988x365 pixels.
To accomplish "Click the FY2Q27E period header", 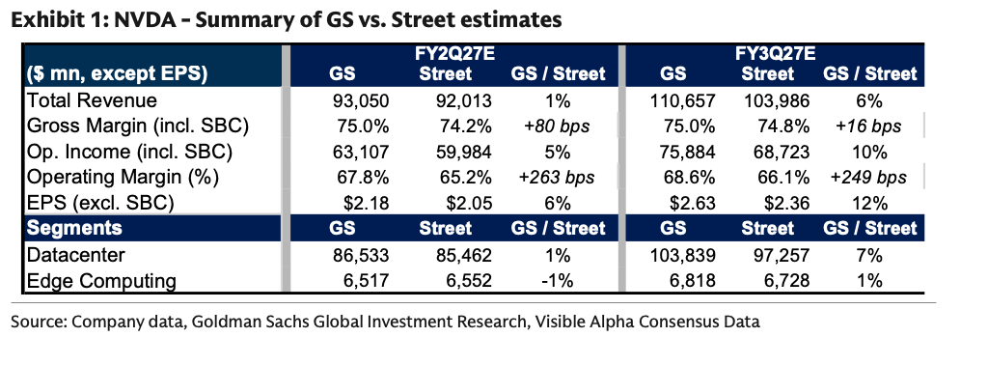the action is (445, 55).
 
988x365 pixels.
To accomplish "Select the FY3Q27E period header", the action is (766, 55).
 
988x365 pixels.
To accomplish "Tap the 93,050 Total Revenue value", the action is (361, 100).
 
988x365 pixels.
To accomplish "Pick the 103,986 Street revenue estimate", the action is (776, 100).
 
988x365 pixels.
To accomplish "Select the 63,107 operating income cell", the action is (361, 152).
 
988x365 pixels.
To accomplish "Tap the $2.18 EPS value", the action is (368, 204).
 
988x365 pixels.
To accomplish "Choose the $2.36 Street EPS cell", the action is (786, 204).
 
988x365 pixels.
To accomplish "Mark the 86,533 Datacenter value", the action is (361, 255).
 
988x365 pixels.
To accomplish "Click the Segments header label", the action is (74, 228).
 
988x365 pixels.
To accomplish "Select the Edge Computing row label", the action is (101, 282).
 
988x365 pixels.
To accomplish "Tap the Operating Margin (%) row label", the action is (123, 179).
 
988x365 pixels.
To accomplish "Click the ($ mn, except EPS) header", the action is (117, 75).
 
